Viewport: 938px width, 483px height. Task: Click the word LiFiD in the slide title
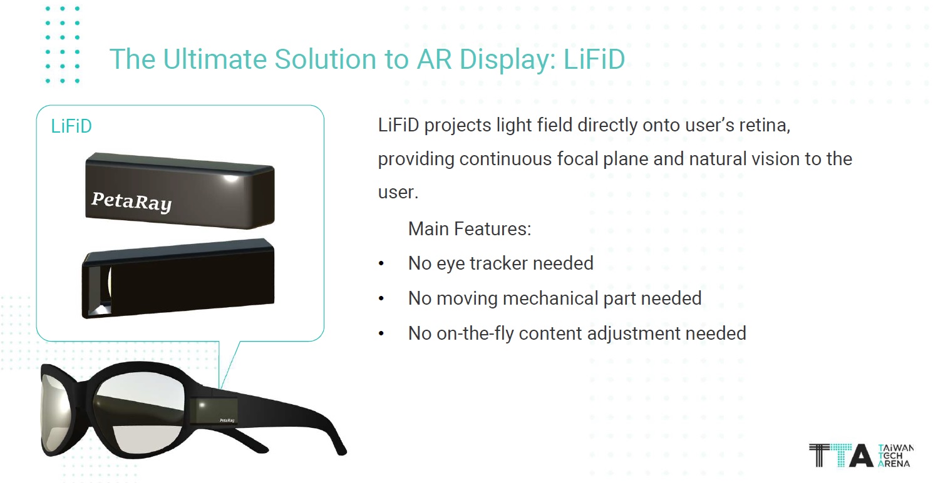[x=594, y=59]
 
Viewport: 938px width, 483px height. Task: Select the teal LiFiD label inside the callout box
[x=71, y=126]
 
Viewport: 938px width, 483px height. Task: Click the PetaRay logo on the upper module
[x=131, y=201]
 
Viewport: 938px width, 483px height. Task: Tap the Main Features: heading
[x=470, y=229]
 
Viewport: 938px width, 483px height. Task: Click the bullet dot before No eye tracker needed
[x=381, y=263]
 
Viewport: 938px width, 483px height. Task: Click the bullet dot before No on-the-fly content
[x=381, y=333]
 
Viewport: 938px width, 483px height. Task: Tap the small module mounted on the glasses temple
[x=214, y=410]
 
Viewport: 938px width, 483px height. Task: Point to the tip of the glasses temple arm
[x=342, y=451]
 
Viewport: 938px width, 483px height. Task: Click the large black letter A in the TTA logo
[x=860, y=455]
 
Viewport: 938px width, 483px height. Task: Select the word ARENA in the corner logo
[x=894, y=464]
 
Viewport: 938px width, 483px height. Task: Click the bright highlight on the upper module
[x=230, y=178]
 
